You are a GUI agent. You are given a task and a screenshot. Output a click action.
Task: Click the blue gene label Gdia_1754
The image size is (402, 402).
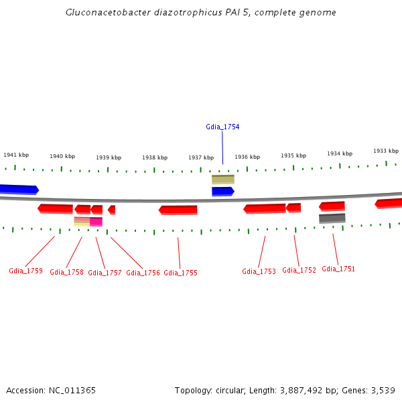click(222, 127)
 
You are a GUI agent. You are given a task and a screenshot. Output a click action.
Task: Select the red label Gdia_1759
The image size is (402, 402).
click(25, 271)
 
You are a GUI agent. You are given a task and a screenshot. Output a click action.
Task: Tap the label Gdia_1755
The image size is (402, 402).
click(180, 273)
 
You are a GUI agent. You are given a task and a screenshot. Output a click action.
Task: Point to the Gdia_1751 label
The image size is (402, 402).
click(338, 269)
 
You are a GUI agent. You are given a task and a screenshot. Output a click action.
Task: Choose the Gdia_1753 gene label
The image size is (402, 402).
click(259, 271)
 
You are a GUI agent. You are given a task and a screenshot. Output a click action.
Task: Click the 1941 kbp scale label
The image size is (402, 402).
click(16, 155)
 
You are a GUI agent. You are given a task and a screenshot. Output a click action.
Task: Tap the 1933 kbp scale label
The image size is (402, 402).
click(386, 151)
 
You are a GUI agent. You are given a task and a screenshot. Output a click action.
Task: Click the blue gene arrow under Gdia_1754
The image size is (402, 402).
click(222, 192)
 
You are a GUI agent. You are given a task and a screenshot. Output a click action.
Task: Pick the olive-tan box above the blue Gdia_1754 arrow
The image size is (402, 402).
click(223, 180)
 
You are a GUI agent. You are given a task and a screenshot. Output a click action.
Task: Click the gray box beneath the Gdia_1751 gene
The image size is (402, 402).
click(332, 218)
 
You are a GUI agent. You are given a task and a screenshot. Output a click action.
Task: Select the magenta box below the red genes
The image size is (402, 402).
click(96, 222)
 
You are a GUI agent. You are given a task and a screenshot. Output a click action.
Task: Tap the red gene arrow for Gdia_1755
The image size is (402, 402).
click(178, 210)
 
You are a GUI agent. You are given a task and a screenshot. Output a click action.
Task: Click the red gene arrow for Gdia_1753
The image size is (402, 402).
click(265, 209)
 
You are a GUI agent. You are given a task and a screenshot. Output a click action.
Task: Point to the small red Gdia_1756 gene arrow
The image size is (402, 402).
click(112, 210)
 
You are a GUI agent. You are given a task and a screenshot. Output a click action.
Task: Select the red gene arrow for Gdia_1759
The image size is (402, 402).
click(56, 208)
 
